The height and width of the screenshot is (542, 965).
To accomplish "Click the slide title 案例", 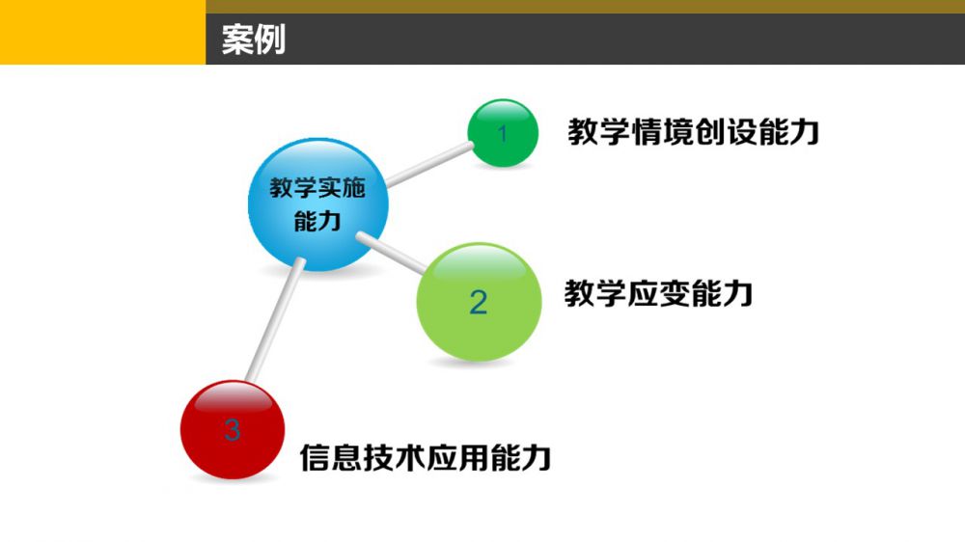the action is coord(254,40).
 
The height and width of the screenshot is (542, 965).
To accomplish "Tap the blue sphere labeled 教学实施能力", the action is coord(317,204).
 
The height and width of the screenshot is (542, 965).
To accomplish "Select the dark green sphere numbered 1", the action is coord(503,133).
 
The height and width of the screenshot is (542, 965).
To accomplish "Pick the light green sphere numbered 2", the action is coord(479,302).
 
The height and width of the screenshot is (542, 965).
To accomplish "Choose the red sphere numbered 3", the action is coord(233,429).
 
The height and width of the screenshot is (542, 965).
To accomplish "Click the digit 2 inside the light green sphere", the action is coord(479,303).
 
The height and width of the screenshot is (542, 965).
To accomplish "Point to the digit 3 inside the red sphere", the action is coord(232,429).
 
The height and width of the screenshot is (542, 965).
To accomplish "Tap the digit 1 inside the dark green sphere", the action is coord(503,133).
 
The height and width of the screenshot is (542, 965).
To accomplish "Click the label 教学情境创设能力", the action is coord(693,132).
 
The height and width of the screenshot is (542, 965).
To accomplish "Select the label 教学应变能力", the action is coord(658,293).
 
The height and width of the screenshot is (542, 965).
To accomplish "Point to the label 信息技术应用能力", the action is coord(426,457).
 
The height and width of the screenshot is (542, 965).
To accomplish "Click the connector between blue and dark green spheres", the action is coord(429,164).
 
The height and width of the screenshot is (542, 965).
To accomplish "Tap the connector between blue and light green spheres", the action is coord(392,253).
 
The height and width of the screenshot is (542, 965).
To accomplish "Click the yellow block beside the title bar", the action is coord(103,32).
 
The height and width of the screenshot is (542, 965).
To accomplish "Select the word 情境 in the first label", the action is coord(662,132).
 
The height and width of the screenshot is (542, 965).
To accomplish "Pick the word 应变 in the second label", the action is coord(658,293).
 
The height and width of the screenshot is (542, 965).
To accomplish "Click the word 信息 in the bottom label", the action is coord(331,457).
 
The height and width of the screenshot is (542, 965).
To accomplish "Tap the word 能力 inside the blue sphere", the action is coord(317,221).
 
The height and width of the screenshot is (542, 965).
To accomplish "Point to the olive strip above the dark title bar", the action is coord(586,6).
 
